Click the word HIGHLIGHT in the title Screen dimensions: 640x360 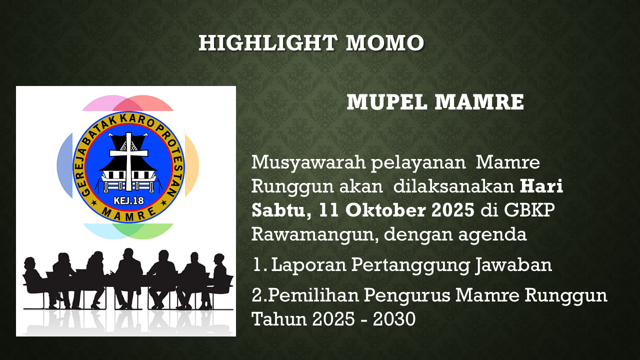pyautogui.click(x=267, y=43)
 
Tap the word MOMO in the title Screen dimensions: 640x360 pyautogui.click(x=385, y=43)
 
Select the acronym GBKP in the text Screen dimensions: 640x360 pyautogui.click(x=529, y=210)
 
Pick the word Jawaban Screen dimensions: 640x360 pyautogui.click(x=513, y=265)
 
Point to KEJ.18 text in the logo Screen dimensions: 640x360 pyautogui.click(x=129, y=201)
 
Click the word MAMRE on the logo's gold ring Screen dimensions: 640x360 pyautogui.click(x=129, y=215)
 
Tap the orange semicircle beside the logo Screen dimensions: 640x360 pyautogui.click(x=191, y=165)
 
